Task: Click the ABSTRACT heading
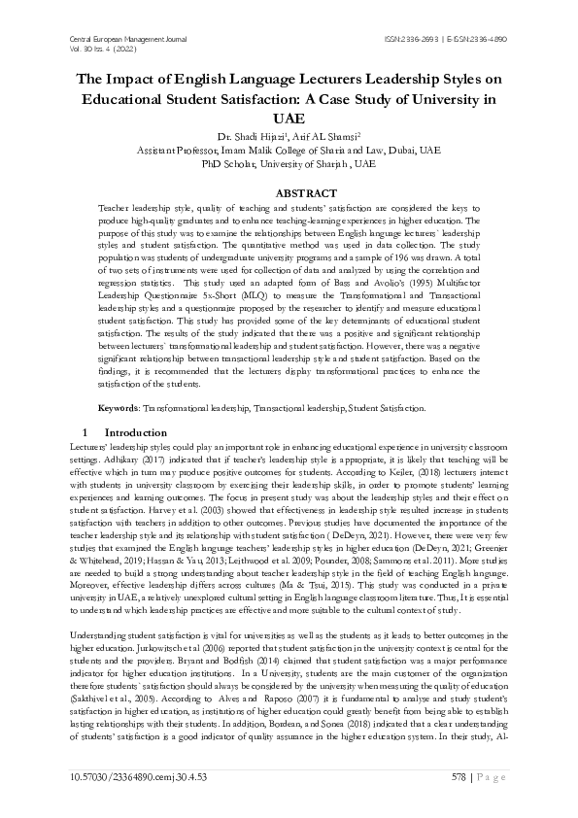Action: (x=289, y=194)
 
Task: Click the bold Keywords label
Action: (x=120, y=408)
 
